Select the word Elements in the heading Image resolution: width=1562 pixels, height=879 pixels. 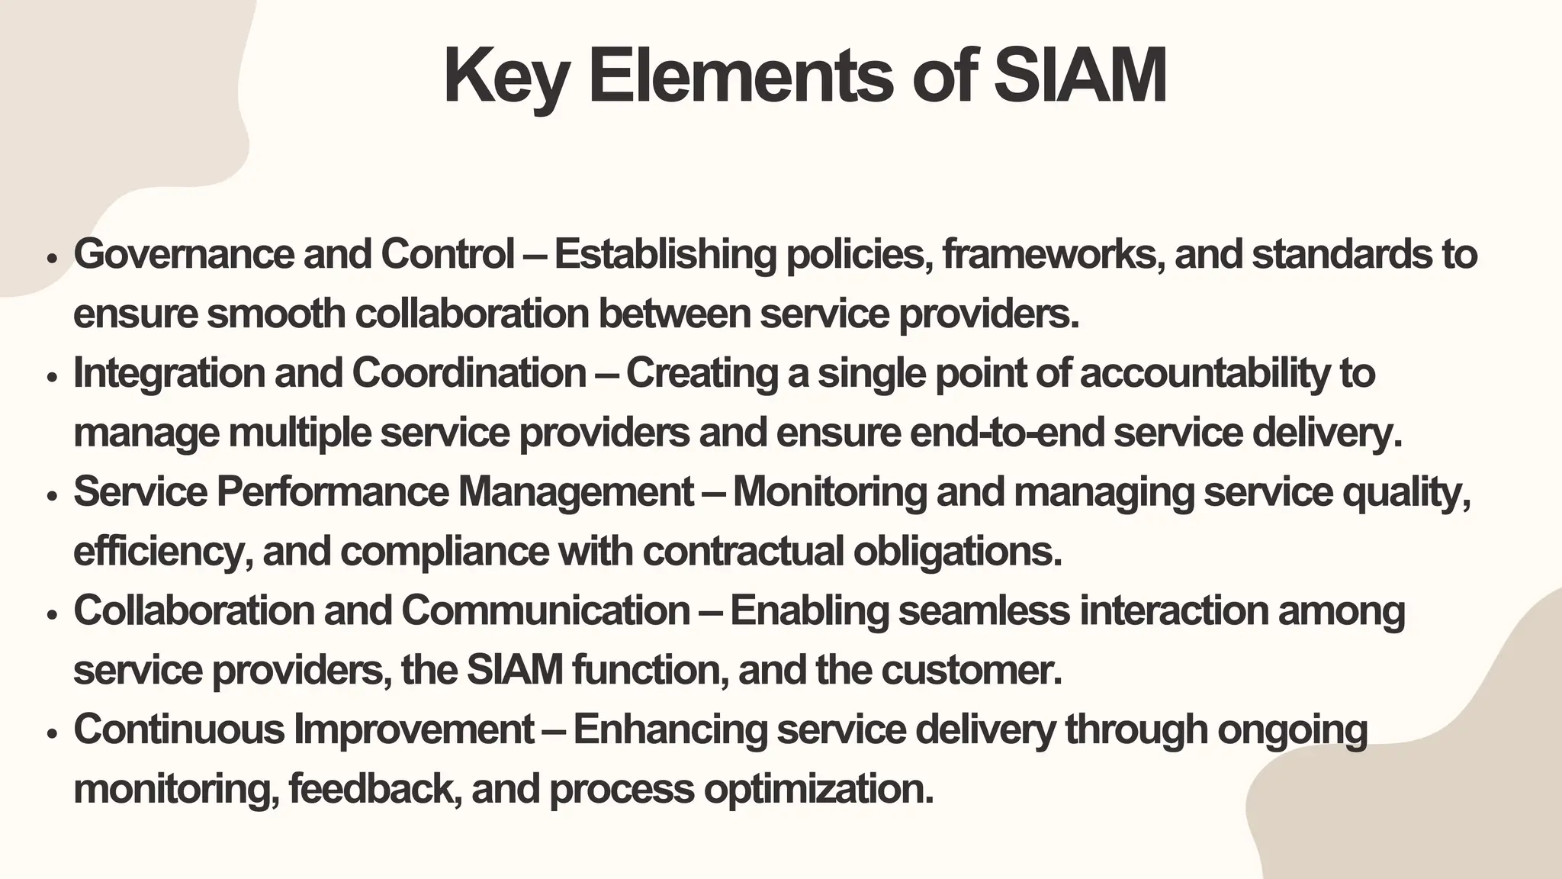[740, 76]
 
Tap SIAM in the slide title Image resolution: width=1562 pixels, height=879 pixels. [1080, 76]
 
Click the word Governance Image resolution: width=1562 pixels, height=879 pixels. [184, 254]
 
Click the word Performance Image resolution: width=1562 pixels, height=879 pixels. [333, 492]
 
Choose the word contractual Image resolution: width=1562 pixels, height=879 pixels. [743, 552]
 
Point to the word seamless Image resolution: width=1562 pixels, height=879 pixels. [985, 611]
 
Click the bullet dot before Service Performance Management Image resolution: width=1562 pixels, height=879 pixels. [52, 496]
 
